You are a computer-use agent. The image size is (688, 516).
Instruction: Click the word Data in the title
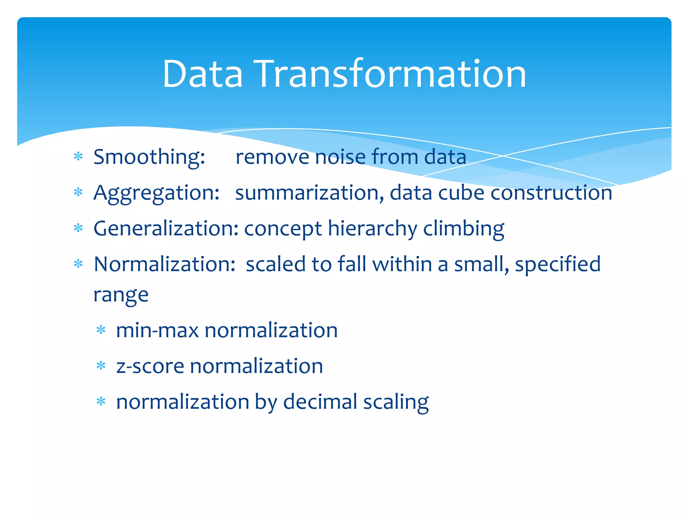click(202, 74)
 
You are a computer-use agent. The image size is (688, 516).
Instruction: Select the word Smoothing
click(149, 157)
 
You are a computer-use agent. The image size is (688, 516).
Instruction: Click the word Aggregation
click(156, 193)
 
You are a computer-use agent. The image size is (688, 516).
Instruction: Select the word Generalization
click(166, 229)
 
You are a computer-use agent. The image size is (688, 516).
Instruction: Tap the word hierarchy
click(372, 229)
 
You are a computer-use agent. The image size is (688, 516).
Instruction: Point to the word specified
click(558, 264)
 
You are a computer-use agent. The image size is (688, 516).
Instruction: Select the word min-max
click(157, 331)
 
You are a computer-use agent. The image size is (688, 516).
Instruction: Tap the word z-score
click(150, 366)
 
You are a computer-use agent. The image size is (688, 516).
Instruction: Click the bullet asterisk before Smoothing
click(78, 157)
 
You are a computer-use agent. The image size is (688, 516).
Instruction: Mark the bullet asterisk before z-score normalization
click(101, 366)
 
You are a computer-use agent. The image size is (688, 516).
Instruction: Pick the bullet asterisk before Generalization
click(78, 228)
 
